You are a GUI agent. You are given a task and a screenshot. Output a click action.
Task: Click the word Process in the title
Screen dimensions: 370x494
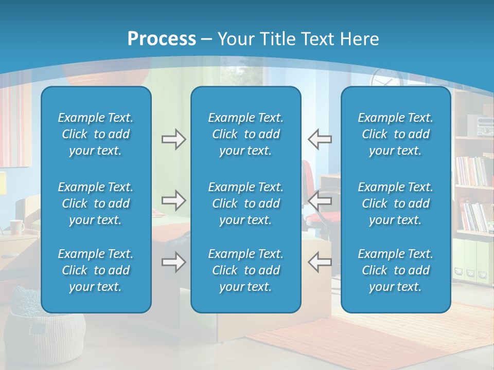(162, 39)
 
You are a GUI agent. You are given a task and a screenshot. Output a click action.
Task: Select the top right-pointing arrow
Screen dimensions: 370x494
(173, 139)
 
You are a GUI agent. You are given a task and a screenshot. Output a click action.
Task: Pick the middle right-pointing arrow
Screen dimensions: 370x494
(173, 200)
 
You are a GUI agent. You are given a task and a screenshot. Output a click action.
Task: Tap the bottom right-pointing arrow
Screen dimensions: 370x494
(173, 262)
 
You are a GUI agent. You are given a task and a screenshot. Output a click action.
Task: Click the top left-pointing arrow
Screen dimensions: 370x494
(320, 139)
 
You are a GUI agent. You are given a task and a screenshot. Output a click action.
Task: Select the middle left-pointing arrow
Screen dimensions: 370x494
(320, 200)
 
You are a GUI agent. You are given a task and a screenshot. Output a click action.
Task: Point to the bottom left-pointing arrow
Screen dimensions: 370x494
(320, 262)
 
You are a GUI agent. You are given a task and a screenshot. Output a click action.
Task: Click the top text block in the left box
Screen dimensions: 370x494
(96, 134)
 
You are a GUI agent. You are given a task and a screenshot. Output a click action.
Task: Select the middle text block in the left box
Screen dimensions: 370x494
(96, 203)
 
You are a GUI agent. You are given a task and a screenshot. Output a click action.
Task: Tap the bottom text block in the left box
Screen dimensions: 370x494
(96, 270)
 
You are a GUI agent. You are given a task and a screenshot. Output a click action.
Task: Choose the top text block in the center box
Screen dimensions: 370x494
(245, 134)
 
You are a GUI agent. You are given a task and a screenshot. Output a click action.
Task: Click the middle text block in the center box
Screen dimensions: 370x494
(245, 203)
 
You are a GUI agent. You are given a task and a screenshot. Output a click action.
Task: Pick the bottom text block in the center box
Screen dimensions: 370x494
(245, 270)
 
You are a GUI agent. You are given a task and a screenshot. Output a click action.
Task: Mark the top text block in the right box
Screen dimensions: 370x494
(395, 134)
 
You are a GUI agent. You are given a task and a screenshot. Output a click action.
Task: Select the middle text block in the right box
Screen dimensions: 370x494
(395, 203)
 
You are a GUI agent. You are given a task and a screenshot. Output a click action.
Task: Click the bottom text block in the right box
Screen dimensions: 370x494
(395, 270)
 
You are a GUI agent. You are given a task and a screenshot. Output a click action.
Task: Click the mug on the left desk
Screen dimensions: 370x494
(16, 227)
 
